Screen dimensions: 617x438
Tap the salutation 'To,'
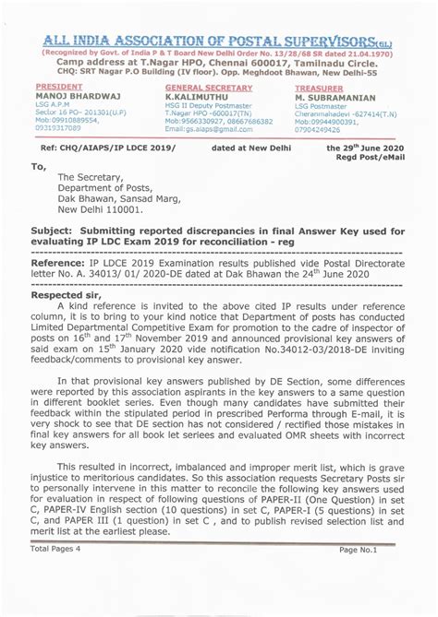(39, 166)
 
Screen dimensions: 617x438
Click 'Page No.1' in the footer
(359, 549)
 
